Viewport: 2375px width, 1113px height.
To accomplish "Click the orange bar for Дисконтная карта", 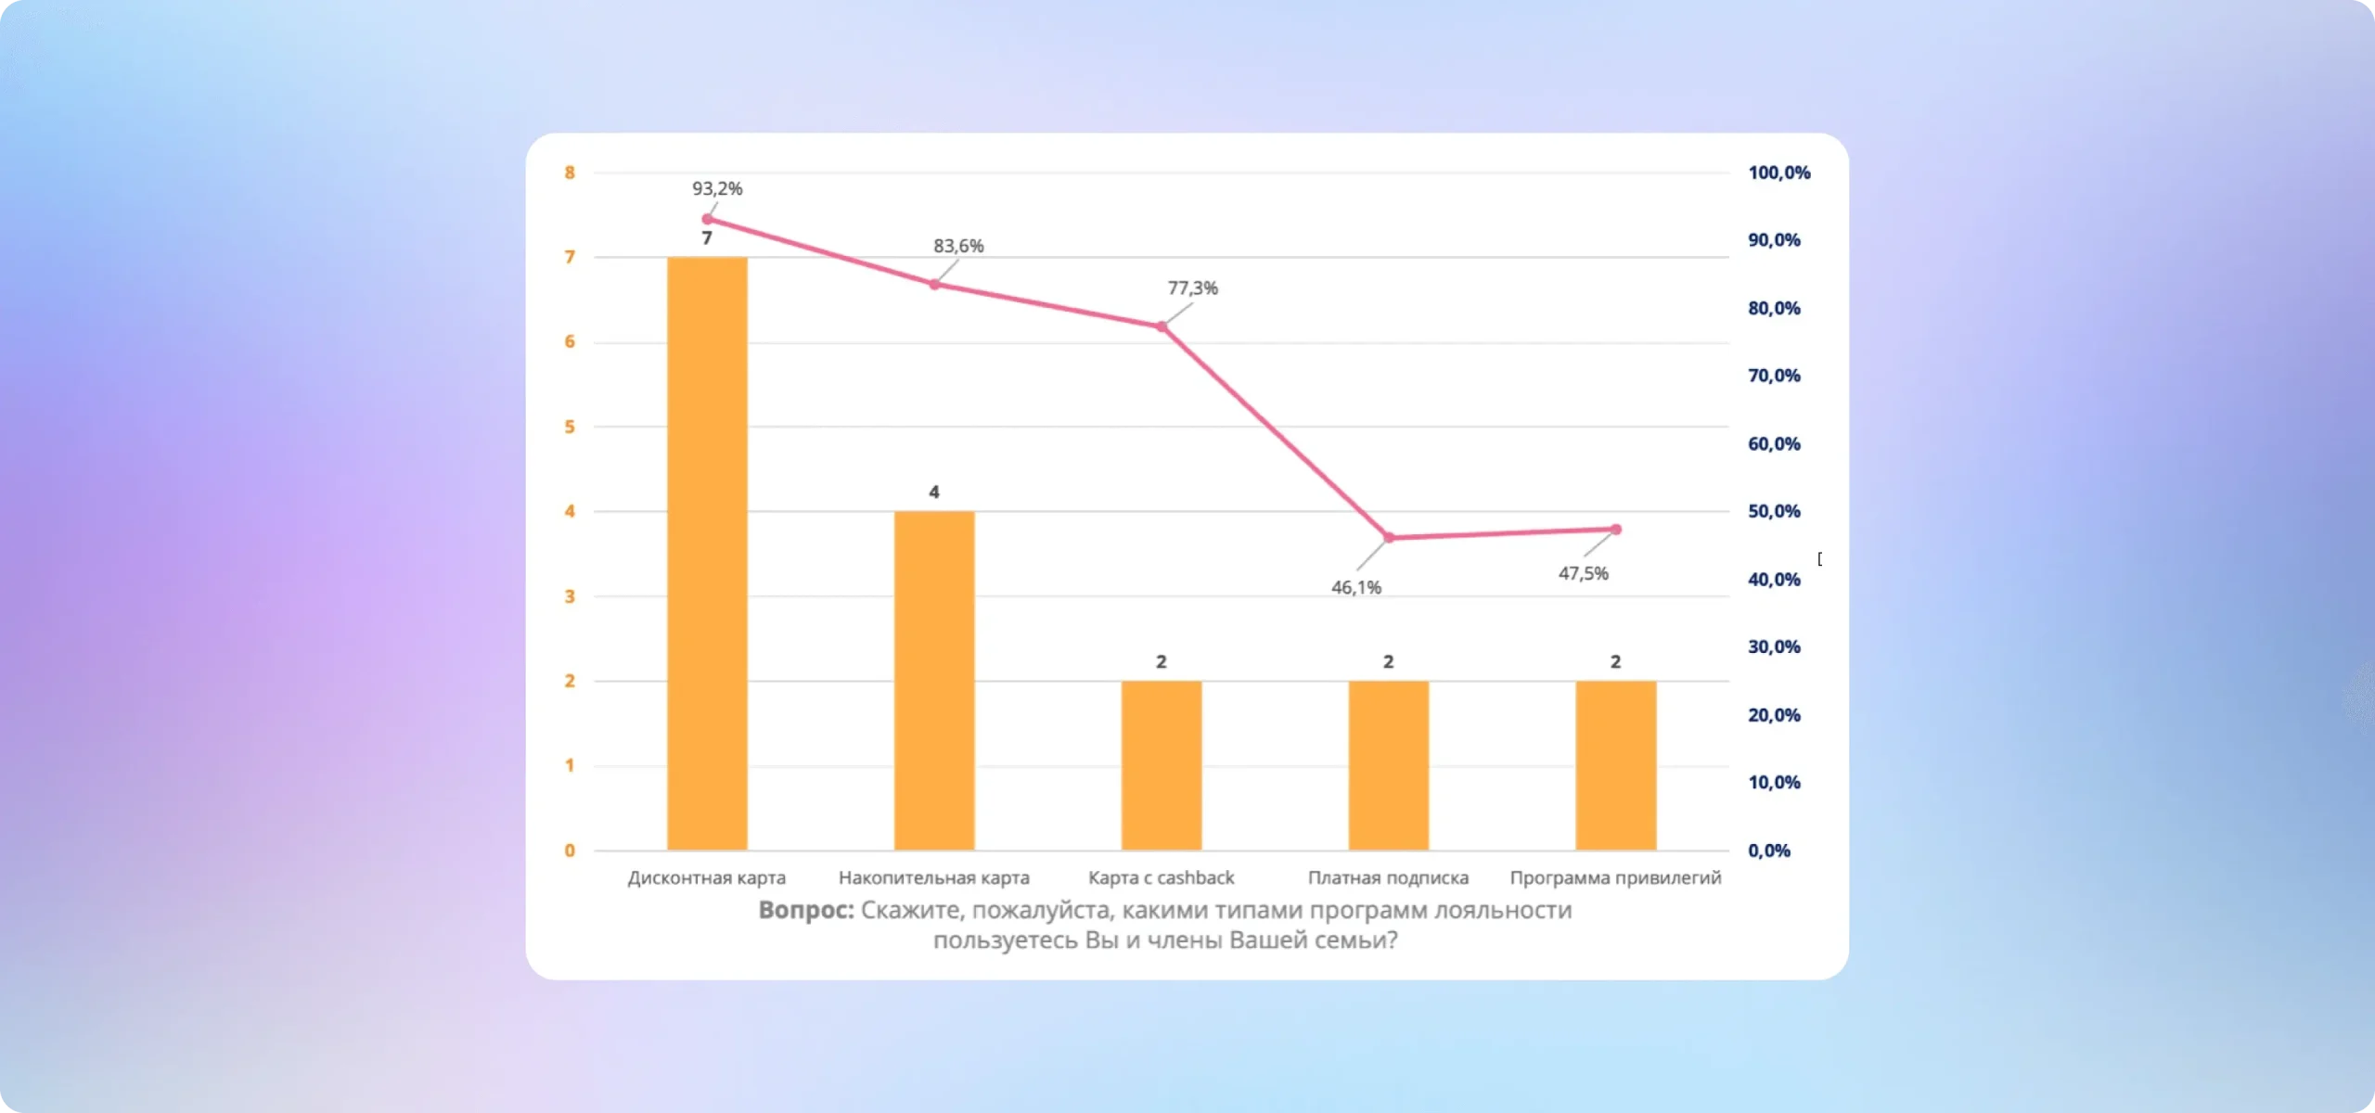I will click(x=707, y=553).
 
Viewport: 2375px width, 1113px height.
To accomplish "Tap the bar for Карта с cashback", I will click(x=1162, y=765).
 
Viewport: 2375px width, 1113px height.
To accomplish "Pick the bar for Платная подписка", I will click(x=1389, y=765).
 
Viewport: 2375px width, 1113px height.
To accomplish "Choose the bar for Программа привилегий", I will click(x=1615, y=765).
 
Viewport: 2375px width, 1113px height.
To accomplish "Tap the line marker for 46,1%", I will click(x=1389, y=537).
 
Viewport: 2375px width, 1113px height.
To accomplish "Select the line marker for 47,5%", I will click(x=1616, y=529).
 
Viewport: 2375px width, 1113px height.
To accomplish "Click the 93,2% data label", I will click(x=717, y=188).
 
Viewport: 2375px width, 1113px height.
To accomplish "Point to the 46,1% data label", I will click(x=1356, y=587).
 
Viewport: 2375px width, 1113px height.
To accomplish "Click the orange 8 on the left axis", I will click(x=570, y=173).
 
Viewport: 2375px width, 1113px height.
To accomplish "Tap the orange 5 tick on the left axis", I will click(x=570, y=427).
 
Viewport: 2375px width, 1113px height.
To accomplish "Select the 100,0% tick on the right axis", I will click(x=1778, y=173).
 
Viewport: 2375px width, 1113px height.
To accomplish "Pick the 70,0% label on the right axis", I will click(x=1774, y=376).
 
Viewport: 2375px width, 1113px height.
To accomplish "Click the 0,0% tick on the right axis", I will click(x=1769, y=851).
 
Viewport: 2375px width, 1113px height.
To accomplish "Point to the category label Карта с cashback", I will click(x=1162, y=877).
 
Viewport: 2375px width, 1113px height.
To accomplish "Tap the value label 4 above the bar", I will click(x=934, y=492).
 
